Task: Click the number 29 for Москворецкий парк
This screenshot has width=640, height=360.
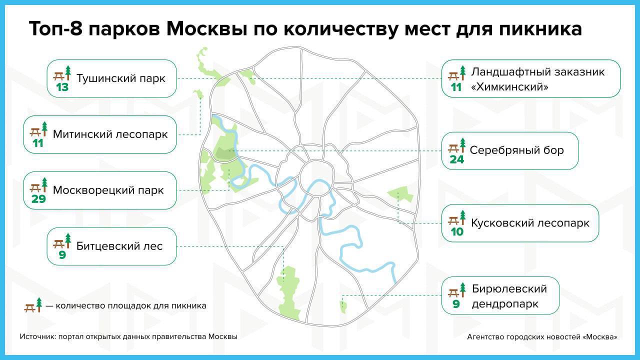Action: pos(38,199)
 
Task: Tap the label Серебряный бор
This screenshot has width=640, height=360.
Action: pos(516,150)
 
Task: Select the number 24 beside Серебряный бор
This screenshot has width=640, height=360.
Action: pos(457,159)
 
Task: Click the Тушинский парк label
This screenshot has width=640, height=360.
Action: pos(121,78)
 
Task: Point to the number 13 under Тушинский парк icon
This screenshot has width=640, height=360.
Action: pos(62,87)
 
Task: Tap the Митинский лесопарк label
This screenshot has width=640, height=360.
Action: pos(110,134)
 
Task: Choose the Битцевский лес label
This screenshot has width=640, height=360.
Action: pos(119,246)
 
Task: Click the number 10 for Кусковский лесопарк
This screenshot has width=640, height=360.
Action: pos(457,231)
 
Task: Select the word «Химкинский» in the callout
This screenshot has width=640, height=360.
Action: pos(509,87)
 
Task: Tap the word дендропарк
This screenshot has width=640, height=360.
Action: pos(505,304)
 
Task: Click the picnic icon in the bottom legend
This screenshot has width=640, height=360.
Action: pos(33,305)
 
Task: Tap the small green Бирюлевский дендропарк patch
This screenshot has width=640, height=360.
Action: pos(343,307)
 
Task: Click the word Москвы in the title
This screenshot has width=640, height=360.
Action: pos(206,29)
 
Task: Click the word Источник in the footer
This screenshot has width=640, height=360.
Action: pos(37,336)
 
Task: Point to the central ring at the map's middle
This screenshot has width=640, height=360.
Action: pos(317,161)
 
